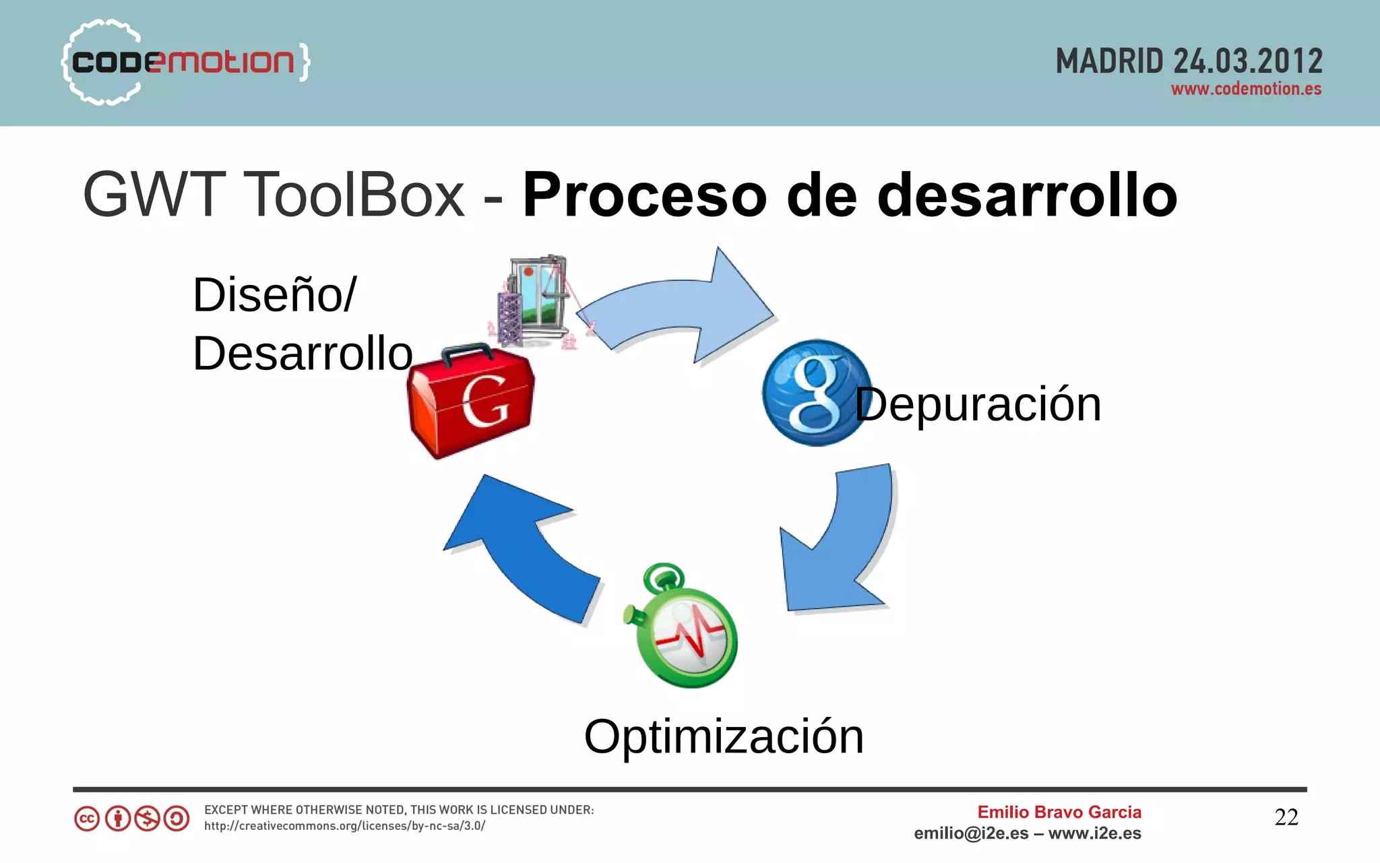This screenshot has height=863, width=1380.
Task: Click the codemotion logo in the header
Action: point(185,62)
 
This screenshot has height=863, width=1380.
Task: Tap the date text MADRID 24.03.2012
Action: point(1189,61)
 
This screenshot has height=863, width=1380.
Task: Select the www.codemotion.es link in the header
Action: point(1246,89)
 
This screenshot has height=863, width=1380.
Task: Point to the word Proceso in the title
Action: point(645,195)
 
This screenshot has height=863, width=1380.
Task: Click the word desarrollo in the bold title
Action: point(1028,195)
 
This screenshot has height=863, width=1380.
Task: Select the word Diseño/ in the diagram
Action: point(274,294)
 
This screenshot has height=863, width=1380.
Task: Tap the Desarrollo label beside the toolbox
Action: point(303,353)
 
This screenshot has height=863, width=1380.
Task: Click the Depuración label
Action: point(978,404)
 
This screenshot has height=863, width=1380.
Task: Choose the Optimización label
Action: point(724,736)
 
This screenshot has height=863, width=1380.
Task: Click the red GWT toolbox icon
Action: point(470,402)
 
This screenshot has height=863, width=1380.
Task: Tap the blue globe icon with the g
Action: point(815,393)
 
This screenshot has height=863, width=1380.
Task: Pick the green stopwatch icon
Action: point(682,627)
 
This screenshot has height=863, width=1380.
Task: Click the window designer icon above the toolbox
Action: point(536,301)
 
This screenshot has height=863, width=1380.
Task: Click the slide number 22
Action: point(1286,817)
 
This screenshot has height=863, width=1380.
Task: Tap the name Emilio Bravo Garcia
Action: point(1059,812)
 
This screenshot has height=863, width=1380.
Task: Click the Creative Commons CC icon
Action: point(87,819)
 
